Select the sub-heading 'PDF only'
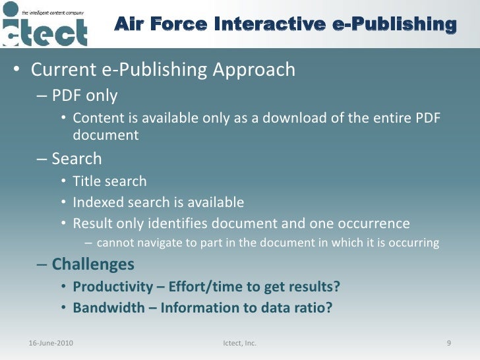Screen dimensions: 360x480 point(84,96)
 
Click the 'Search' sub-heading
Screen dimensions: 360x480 point(76,159)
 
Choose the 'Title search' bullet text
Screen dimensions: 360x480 point(109,181)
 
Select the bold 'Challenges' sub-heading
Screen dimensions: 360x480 point(93,264)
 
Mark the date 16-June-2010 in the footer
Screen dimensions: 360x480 point(52,344)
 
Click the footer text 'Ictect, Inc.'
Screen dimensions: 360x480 point(240,344)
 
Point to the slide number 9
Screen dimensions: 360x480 point(448,344)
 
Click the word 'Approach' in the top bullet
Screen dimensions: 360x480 point(258,69)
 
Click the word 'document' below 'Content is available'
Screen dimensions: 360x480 point(105,135)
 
